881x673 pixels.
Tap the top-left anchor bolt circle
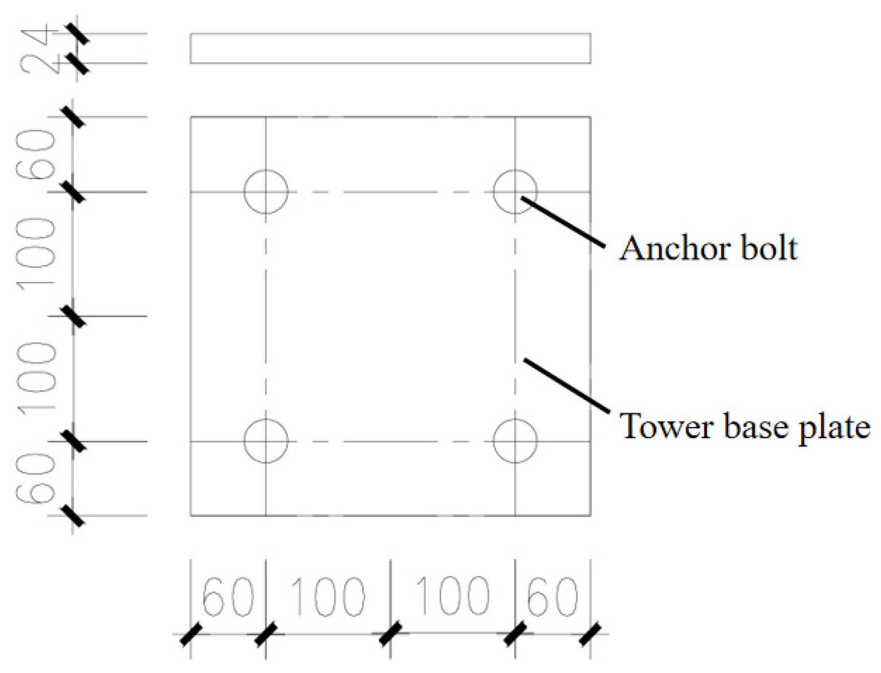pyautogui.click(x=266, y=192)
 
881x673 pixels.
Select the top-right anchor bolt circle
pyautogui.click(x=515, y=192)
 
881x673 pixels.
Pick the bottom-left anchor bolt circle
pyautogui.click(x=266, y=441)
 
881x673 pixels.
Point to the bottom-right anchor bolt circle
pyautogui.click(x=515, y=441)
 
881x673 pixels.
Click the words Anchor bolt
pyautogui.click(x=708, y=248)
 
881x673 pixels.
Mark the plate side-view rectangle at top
pyautogui.click(x=390, y=48)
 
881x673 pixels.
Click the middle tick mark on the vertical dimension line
pyautogui.click(x=73, y=316)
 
